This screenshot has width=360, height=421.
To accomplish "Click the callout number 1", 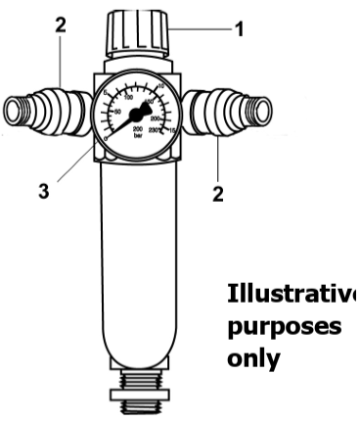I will [239, 30].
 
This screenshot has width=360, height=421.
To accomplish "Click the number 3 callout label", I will [43, 192].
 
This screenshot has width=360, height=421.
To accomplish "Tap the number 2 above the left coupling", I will [61, 27].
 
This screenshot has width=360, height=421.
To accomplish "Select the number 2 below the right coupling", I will [218, 193].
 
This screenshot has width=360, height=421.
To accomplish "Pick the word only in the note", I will [253, 358].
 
